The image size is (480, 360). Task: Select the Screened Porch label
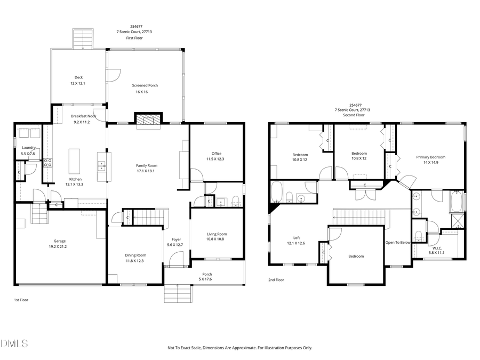[x=145, y=85]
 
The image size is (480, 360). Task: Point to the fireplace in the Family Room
[x=147, y=121]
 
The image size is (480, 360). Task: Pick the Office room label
[x=216, y=153]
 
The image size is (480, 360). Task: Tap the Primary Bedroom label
[x=430, y=157]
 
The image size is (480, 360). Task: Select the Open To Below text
[x=398, y=242]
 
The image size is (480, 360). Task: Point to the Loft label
[x=297, y=238]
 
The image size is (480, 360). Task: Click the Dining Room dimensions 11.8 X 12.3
[x=135, y=260]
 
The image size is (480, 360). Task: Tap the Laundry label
[x=28, y=148]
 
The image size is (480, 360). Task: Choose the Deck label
[x=78, y=77]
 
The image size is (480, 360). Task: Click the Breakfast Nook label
[x=83, y=116]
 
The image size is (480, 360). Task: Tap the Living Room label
[x=217, y=234]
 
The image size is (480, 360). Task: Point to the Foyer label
[x=176, y=239]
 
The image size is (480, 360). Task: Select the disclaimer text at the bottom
[x=239, y=347]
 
